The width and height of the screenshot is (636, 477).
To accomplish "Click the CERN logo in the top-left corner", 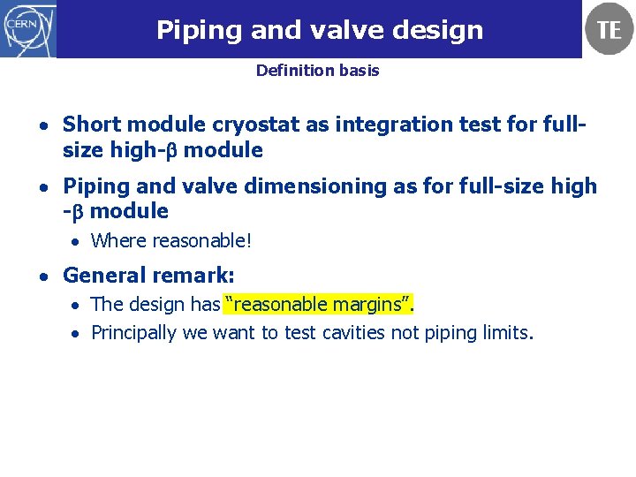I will (x=28, y=28).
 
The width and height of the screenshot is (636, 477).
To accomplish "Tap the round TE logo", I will (x=609, y=29).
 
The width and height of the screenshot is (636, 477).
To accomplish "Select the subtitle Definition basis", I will (x=317, y=71).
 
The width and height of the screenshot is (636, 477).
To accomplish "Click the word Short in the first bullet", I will (x=89, y=125).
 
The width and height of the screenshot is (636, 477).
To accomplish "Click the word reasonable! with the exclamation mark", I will (x=201, y=240).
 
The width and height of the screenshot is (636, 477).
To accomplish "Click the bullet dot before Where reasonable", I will (x=77, y=241).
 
